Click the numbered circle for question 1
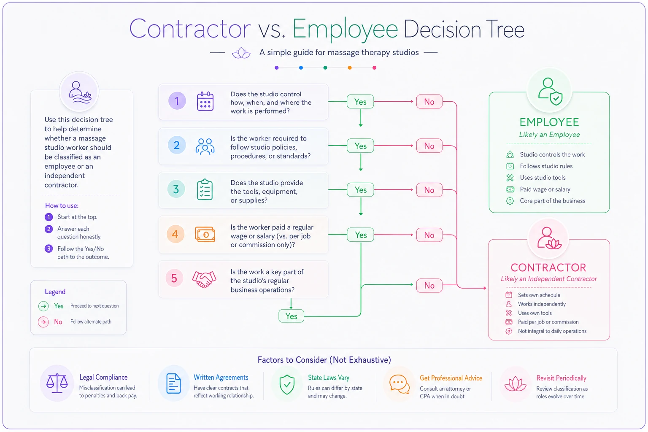pyautogui.click(x=177, y=101)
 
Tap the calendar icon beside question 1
pyautogui.click(x=205, y=101)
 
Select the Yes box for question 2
pyautogui.click(x=360, y=146)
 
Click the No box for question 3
pyautogui.click(x=429, y=190)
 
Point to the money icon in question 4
pyautogui.click(x=205, y=235)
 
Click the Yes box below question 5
pyautogui.click(x=292, y=316)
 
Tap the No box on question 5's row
pyautogui.click(x=429, y=286)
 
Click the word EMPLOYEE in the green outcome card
pyautogui.click(x=549, y=122)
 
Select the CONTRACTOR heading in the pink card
pyautogui.click(x=548, y=267)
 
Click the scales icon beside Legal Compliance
pyautogui.click(x=57, y=383)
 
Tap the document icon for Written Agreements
pyautogui.click(x=173, y=383)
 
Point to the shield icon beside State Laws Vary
pyautogui.click(x=287, y=384)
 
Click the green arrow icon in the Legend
pyautogui.click(x=43, y=306)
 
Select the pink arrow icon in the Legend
pyautogui.click(x=43, y=322)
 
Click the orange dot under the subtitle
pyautogui.click(x=350, y=67)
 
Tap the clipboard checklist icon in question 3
pyautogui.click(x=205, y=190)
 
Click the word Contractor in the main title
pyautogui.click(x=190, y=29)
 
